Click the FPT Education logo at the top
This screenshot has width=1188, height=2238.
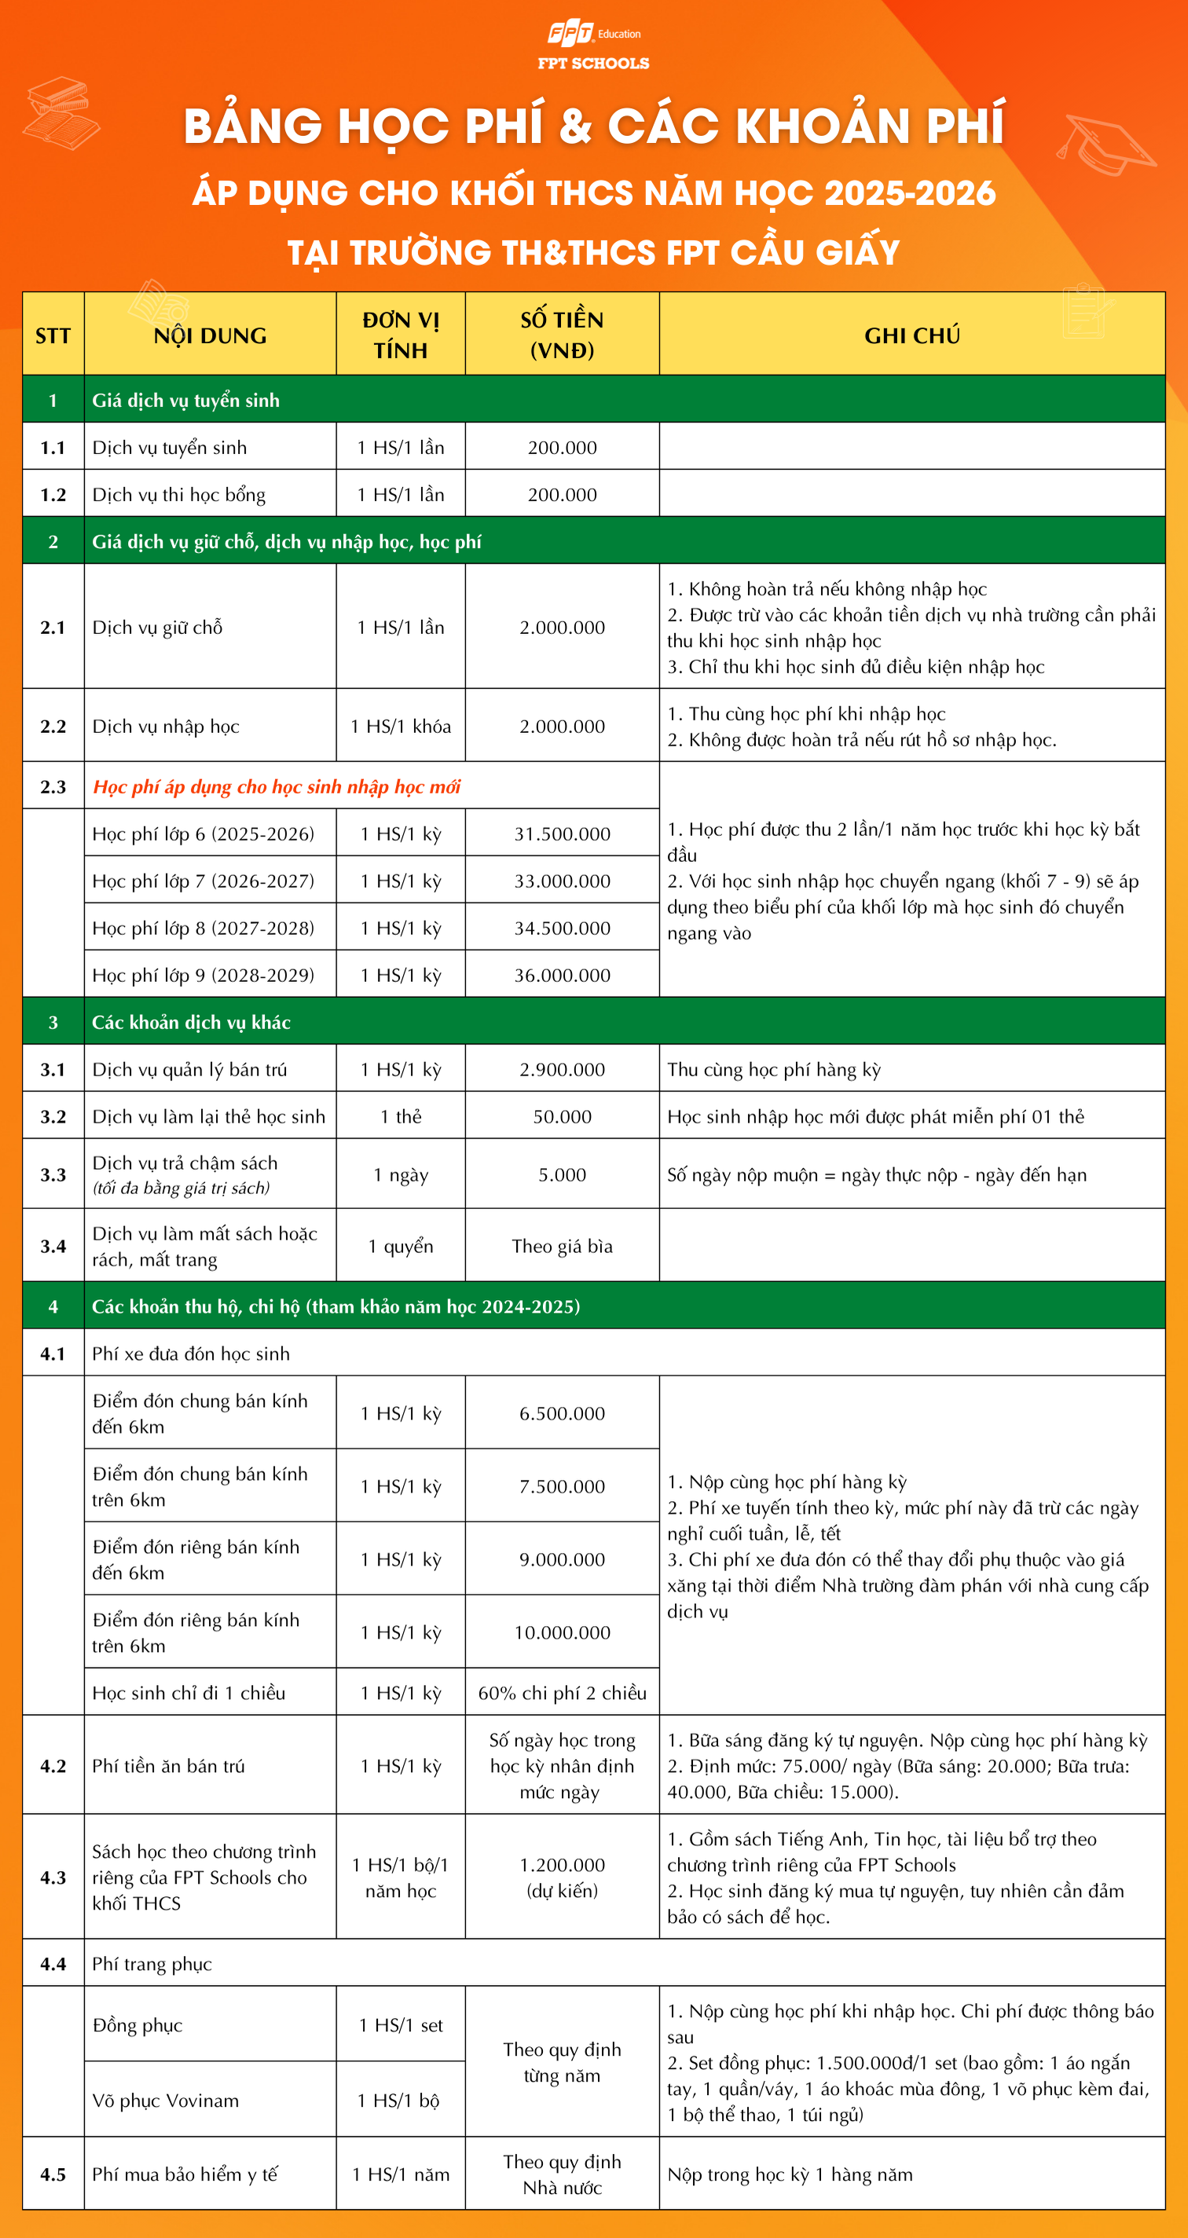[x=592, y=35]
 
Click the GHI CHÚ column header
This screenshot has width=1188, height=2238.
[x=911, y=335]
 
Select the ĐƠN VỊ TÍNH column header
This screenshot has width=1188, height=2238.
[x=401, y=335]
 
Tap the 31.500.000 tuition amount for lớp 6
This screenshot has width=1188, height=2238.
[x=563, y=834]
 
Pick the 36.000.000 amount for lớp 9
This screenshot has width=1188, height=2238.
[x=563, y=975]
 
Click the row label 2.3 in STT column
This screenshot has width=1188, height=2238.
[x=53, y=787]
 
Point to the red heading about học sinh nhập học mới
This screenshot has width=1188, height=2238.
[x=277, y=787]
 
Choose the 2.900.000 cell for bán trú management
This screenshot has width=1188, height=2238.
[x=563, y=1069]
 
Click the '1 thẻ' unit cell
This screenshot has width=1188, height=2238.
[x=401, y=1116]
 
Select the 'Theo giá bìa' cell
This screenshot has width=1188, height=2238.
[x=563, y=1246]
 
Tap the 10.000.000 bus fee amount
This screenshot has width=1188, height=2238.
[x=563, y=1632]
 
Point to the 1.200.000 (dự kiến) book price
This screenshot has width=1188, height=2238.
[x=563, y=1877]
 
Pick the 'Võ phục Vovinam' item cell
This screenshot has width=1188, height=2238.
[x=166, y=2101]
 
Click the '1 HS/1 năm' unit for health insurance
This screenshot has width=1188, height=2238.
[x=401, y=2174]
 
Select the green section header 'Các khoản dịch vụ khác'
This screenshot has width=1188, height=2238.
[x=191, y=1023]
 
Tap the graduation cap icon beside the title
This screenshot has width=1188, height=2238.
[x=1105, y=143]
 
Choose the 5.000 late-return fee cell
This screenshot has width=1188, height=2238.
[x=563, y=1174]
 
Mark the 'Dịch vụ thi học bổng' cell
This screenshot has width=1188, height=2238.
[x=179, y=494]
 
